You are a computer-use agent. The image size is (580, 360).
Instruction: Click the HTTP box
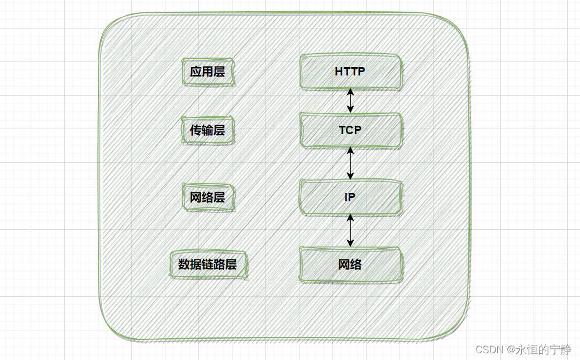[x=350, y=72]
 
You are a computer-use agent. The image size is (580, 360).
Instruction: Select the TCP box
[x=350, y=130]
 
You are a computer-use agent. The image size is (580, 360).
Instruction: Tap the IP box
[x=350, y=197]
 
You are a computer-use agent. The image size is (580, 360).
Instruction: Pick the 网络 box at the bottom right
[x=350, y=264]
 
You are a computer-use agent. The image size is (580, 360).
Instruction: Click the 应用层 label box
[x=207, y=72]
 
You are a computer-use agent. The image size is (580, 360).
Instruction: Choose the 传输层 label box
[x=207, y=131]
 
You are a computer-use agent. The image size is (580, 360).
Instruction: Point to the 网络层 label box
[x=207, y=198]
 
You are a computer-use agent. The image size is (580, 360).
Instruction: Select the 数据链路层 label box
[x=207, y=264]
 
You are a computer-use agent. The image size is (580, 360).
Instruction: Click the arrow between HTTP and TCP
[x=350, y=101]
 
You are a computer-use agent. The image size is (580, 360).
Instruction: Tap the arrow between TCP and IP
[x=350, y=163]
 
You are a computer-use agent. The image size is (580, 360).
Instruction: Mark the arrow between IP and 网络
[x=350, y=230]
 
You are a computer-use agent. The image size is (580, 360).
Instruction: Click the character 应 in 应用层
[x=196, y=72]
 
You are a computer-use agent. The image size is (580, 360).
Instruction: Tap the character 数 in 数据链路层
[x=184, y=264]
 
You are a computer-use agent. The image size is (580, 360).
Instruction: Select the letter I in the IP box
[x=346, y=197]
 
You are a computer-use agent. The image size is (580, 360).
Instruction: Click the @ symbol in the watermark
[x=511, y=349]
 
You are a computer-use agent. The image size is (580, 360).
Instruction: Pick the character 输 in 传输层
[x=207, y=131]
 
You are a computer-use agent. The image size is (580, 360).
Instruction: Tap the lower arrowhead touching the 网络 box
[x=350, y=243]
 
